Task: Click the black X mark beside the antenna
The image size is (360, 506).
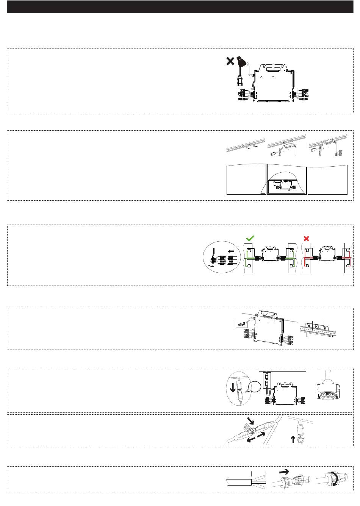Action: [x=230, y=61]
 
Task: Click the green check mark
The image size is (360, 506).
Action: [x=250, y=238]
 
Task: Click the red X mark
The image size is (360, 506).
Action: [x=307, y=238]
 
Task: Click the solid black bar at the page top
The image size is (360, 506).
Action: [x=180, y=6]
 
